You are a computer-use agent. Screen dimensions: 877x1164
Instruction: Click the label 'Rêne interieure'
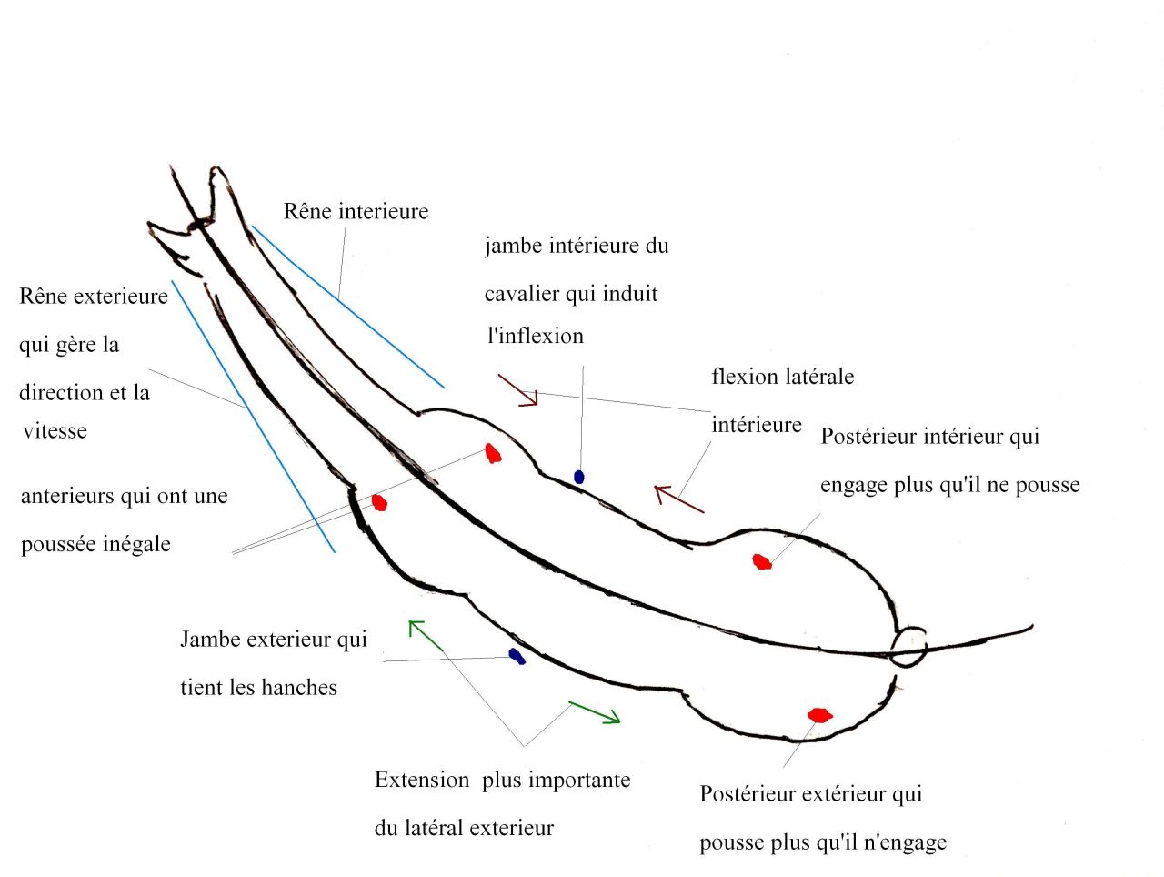(x=356, y=212)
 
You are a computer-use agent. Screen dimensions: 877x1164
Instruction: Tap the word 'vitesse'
(x=55, y=431)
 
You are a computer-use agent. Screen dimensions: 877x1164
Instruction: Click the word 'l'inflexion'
(x=536, y=336)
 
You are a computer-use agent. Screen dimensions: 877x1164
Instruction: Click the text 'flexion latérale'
(x=782, y=377)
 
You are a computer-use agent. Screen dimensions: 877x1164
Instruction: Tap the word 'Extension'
(x=422, y=781)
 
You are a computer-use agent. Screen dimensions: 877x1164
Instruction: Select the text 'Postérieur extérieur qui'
(x=810, y=794)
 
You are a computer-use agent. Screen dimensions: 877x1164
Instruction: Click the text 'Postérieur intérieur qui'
(x=929, y=437)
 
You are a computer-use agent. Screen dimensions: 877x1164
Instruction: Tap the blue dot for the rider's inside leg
(x=578, y=477)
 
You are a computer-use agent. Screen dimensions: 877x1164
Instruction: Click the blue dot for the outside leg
(x=517, y=656)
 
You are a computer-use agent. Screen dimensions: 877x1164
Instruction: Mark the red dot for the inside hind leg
(x=762, y=562)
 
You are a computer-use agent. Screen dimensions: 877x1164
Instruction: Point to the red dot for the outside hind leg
(x=819, y=715)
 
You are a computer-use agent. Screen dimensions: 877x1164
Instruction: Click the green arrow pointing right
(x=594, y=712)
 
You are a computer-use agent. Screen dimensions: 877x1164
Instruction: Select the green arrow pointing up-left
(x=425, y=635)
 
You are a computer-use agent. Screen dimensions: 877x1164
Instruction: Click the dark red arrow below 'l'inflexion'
(x=518, y=390)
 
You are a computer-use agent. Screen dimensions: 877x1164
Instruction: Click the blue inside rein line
(x=346, y=306)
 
